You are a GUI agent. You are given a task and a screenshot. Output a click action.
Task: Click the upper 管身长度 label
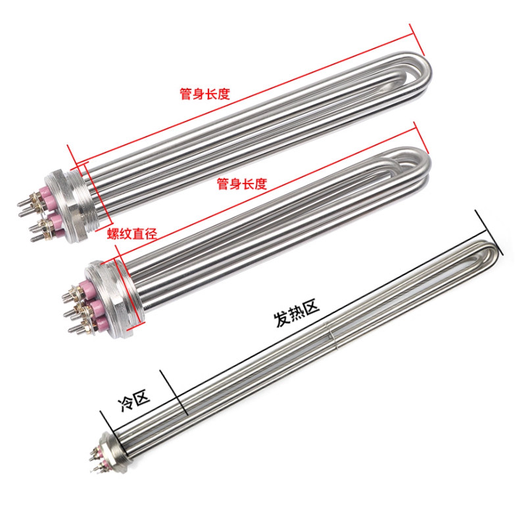click(205, 93)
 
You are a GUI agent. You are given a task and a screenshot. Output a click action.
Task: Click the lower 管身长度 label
click(242, 183)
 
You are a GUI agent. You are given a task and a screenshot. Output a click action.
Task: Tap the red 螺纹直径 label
click(132, 233)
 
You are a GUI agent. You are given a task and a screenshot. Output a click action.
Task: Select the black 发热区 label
click(297, 313)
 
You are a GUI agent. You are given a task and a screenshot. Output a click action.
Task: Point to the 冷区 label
click(133, 400)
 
